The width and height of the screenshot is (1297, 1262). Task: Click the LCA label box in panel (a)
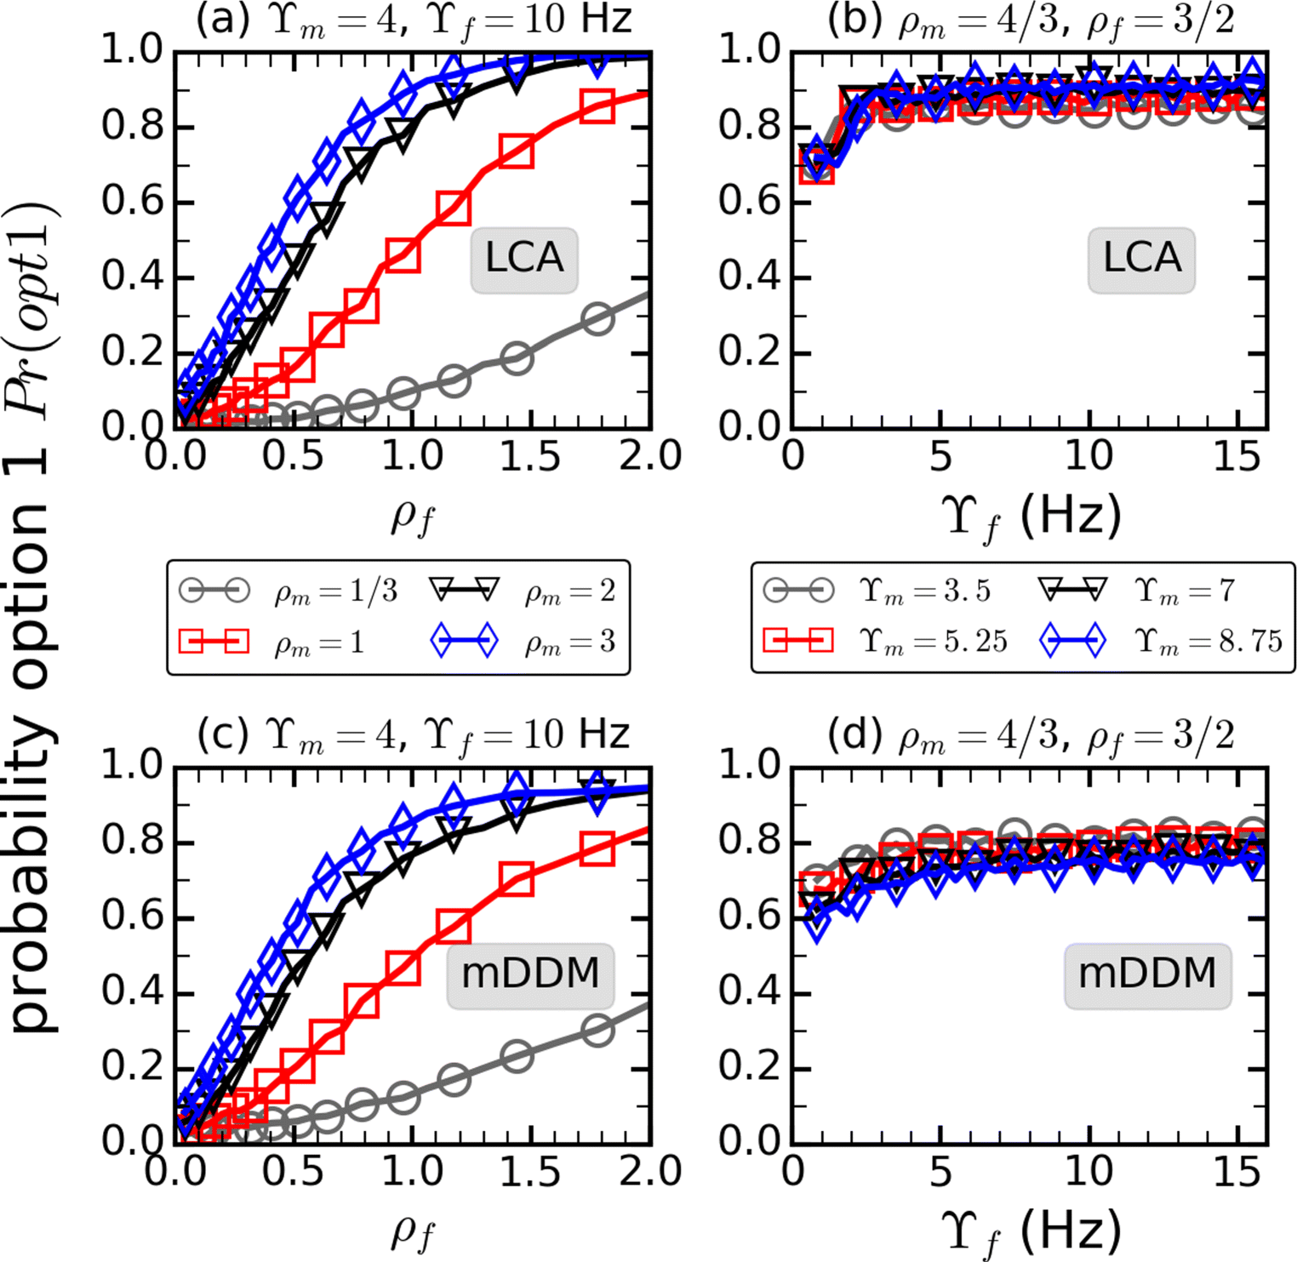[524, 259]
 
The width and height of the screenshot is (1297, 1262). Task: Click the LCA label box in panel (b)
[1141, 259]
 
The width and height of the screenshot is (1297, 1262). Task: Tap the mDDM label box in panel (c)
[530, 974]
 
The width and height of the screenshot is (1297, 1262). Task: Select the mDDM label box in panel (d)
[1147, 974]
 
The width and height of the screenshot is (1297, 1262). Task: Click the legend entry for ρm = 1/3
[289, 591]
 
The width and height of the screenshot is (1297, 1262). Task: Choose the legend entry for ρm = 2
[523, 591]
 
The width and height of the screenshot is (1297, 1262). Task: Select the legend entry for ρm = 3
[523, 642]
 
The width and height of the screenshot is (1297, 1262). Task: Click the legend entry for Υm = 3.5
[877, 591]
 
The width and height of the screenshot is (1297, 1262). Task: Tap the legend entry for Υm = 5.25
[885, 642]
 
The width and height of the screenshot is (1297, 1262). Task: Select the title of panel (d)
[1031, 735]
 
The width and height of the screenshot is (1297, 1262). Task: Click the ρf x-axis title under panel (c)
[414, 1231]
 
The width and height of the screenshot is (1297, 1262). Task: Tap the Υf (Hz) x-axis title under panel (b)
[1031, 517]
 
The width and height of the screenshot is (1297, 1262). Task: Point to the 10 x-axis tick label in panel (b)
[1088, 457]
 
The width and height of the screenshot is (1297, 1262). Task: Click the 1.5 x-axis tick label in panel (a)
[530, 457]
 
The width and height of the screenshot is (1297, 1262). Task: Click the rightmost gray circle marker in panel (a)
[598, 320]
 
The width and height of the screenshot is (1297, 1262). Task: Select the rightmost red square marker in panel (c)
[598, 849]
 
